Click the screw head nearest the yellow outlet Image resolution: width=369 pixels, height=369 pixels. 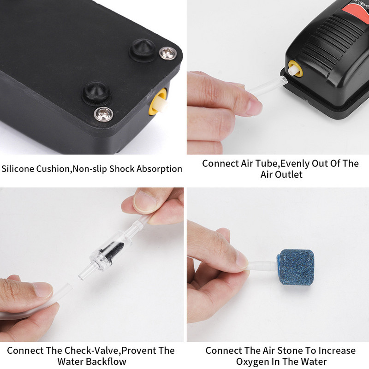tap(103, 114)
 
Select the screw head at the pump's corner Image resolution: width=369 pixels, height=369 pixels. tap(167, 53)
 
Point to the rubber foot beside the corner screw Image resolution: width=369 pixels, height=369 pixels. tap(143, 50)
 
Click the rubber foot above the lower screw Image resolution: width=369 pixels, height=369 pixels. tap(96, 93)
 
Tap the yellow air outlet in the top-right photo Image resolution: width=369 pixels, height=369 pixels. tap(295, 69)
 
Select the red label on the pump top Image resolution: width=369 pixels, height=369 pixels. tap(356, 12)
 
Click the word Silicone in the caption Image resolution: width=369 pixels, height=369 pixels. tap(18, 169)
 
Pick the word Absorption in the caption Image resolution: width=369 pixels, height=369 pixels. tap(159, 169)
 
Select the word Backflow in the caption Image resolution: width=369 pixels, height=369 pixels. tap(109, 361)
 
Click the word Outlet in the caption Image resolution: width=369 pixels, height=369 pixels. tap(289, 174)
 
